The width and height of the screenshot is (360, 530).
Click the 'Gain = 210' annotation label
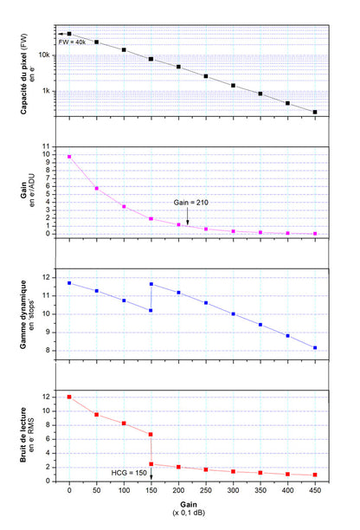[190, 202]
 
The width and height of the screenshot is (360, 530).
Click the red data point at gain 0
[69, 397]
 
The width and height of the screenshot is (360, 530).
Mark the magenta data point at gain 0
[69, 157]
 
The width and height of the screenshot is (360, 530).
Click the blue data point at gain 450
[315, 348]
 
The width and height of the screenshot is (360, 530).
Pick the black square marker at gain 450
[315, 112]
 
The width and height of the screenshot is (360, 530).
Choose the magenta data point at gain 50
[97, 188]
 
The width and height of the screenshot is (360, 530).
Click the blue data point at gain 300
[233, 313]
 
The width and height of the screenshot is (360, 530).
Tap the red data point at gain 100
[124, 423]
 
